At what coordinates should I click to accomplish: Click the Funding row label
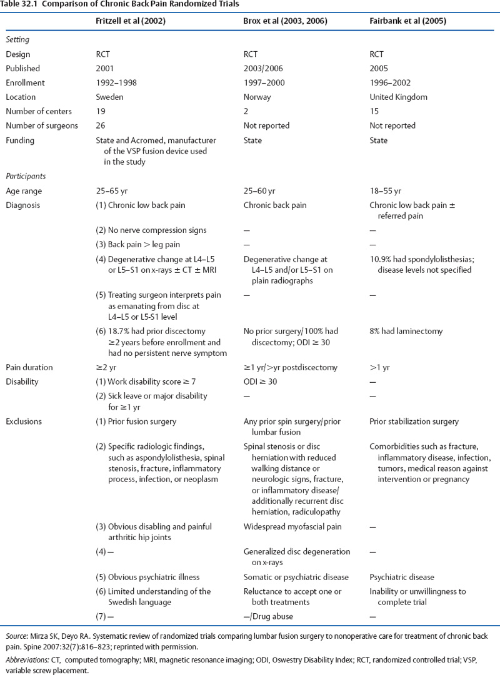20,140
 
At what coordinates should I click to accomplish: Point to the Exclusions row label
24,421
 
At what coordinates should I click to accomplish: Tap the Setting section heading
18,39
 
